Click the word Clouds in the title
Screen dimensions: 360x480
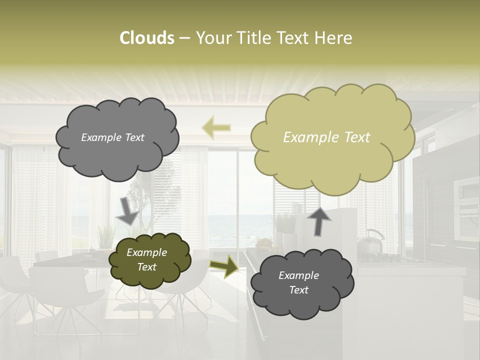146,38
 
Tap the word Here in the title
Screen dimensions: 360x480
333,38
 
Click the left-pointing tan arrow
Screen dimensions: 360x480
216,127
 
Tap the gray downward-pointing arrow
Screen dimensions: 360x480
127,209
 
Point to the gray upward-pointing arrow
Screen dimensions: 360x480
318,221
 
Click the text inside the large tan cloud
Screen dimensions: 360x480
326,137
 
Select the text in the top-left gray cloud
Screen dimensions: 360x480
112,137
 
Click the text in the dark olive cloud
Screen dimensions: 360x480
146,260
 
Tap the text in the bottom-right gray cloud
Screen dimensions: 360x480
298,282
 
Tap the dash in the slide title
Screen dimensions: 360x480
184,38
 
